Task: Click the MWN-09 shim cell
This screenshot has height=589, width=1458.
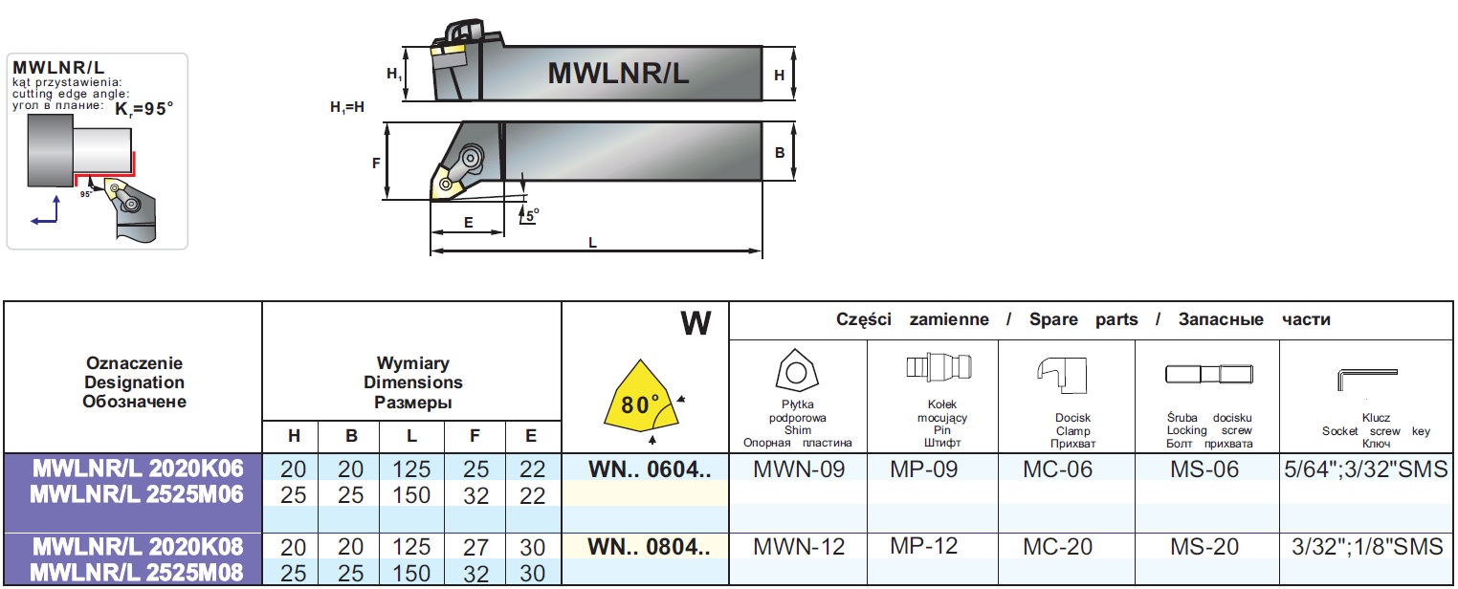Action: tap(798, 469)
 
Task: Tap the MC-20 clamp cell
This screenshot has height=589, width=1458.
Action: tap(1057, 547)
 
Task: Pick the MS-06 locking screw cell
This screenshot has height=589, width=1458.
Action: tap(1204, 469)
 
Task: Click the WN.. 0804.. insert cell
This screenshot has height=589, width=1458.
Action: tap(649, 547)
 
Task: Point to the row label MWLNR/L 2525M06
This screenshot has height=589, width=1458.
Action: tap(137, 494)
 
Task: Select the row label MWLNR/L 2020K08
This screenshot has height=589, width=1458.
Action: tap(137, 547)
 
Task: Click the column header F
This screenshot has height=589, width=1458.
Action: tap(475, 436)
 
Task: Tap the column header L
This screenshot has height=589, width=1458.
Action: tap(411, 436)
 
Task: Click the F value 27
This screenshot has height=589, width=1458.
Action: tap(475, 547)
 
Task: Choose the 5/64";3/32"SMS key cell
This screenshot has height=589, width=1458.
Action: tap(1366, 469)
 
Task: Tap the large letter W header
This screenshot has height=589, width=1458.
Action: tap(696, 323)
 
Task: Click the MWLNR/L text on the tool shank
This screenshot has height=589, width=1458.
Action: tap(617, 73)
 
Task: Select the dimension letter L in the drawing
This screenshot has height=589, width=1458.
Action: tap(592, 244)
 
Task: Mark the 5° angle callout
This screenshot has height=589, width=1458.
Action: tap(531, 215)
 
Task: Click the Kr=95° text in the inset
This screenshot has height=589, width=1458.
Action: tap(144, 109)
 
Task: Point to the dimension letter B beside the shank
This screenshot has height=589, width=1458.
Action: tap(780, 151)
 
